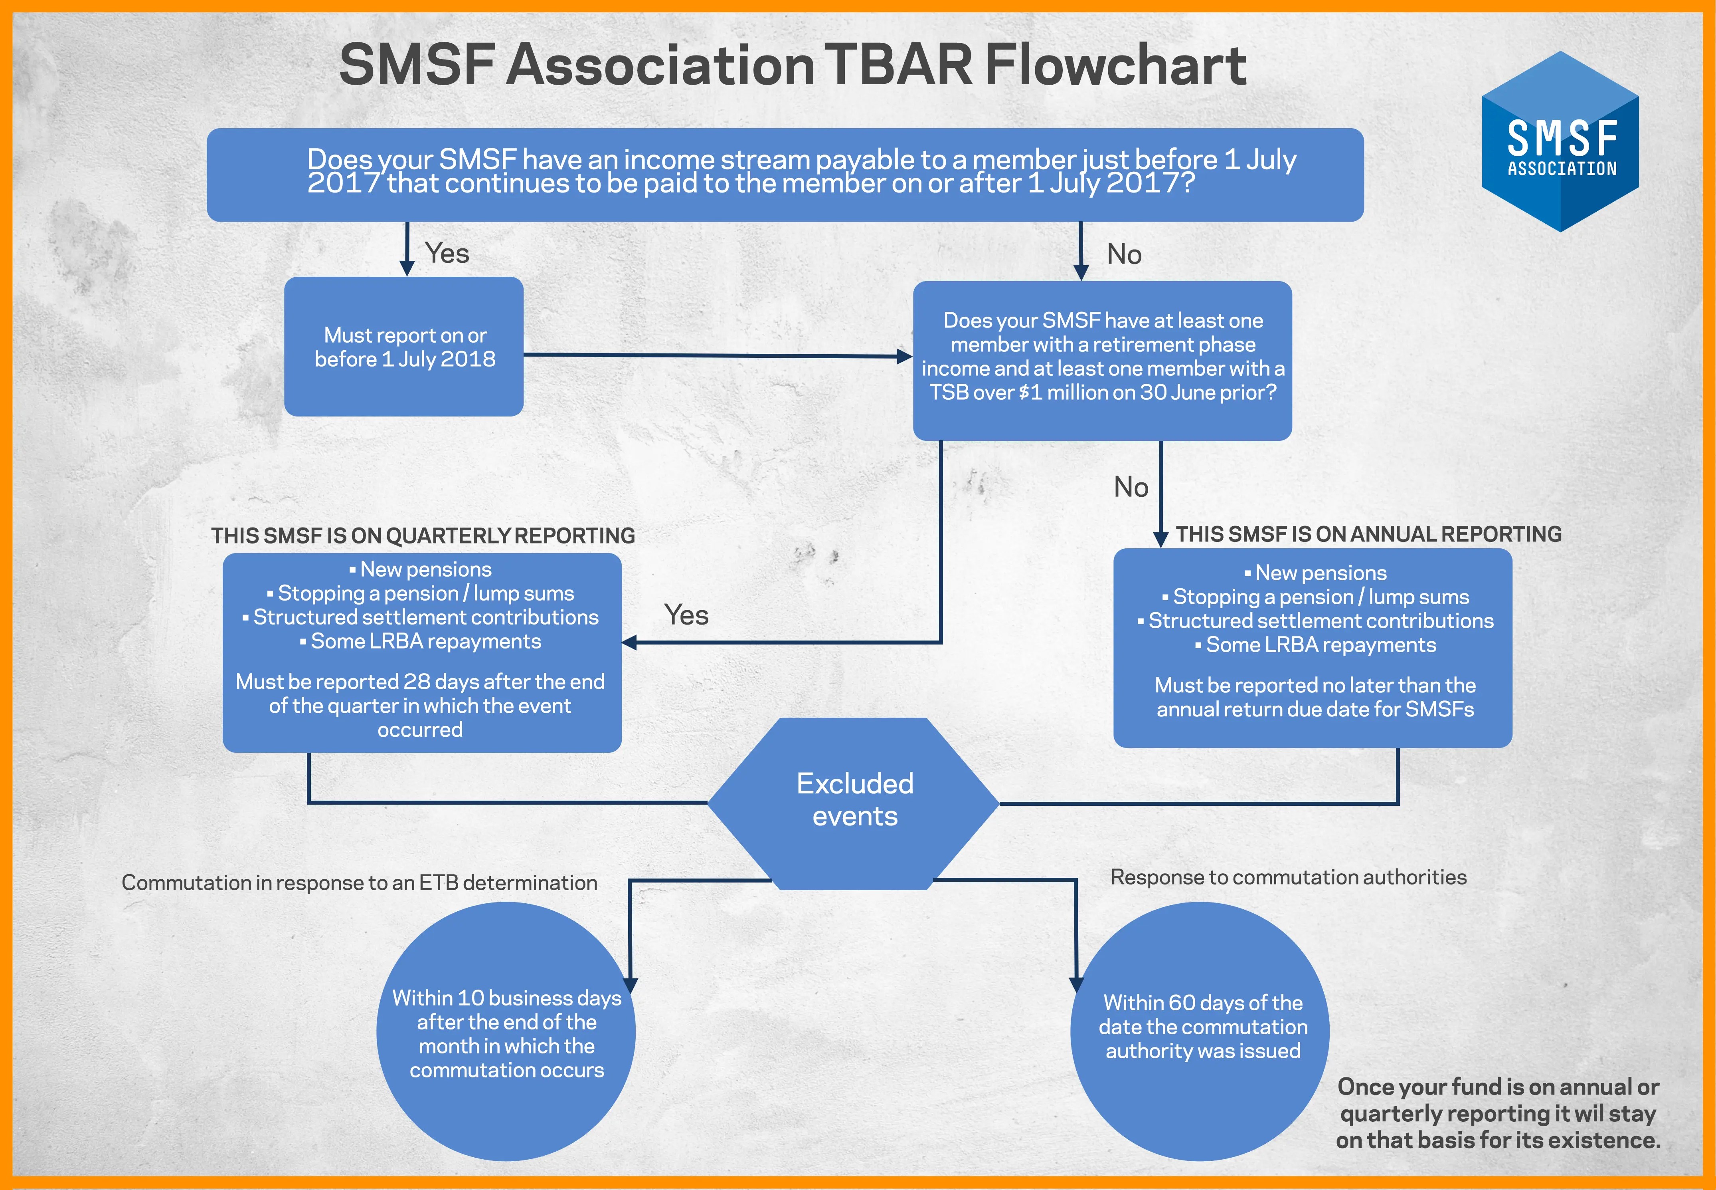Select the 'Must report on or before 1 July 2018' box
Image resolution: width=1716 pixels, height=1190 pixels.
404,347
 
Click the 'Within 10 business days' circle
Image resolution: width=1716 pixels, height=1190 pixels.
506,1033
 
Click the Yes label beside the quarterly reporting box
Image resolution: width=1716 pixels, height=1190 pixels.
686,615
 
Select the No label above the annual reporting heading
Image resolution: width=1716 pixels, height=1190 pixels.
1130,487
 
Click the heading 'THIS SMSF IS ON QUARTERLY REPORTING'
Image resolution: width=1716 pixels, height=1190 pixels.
423,535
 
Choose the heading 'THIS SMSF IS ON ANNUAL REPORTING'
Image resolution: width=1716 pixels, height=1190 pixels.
1368,534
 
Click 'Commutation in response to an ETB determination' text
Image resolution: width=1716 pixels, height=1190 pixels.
359,883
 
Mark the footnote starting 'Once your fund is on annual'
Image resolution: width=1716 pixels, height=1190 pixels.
1498,1113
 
